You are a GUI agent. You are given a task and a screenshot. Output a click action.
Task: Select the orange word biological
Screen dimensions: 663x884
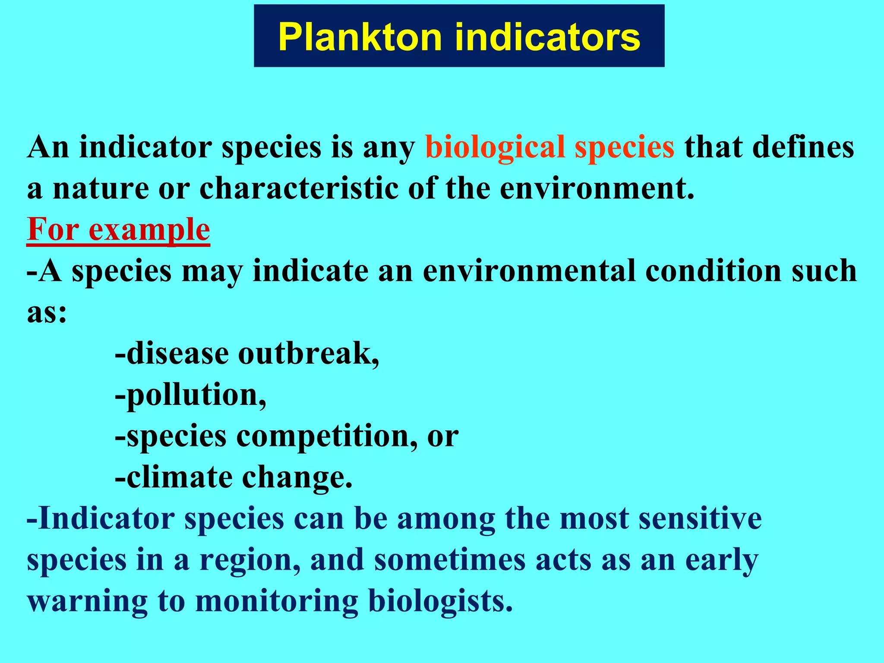(495, 148)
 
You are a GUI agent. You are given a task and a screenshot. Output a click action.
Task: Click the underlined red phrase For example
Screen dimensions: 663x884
(118, 230)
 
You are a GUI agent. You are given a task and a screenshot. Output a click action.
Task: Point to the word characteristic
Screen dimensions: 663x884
(299, 189)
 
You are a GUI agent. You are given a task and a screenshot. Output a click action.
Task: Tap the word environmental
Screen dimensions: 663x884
(529, 272)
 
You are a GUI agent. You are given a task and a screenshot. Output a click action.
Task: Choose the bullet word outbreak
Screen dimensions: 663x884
(309, 354)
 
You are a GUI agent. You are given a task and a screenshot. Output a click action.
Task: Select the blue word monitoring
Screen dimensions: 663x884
(276, 601)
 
